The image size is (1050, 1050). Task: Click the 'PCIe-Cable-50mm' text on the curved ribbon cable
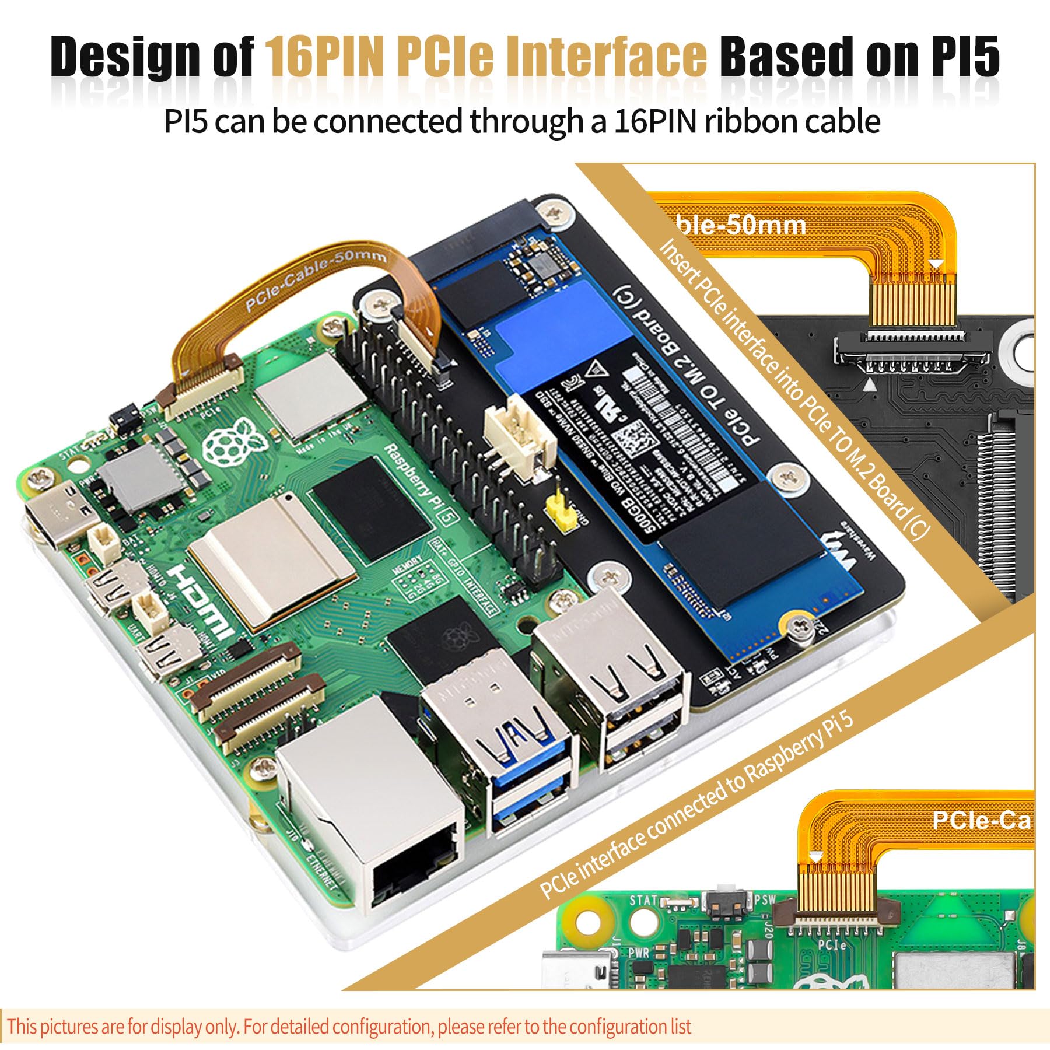coord(315,278)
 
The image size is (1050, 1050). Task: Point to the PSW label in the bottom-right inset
coord(765,899)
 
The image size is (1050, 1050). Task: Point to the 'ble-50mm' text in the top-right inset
coord(741,225)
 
